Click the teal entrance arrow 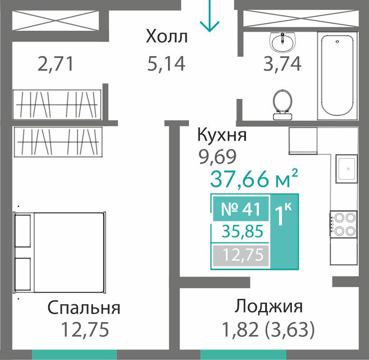209,16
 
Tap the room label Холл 167,37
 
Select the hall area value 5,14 166,64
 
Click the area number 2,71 56,64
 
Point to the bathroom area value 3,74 282,64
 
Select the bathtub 337,76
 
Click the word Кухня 222,135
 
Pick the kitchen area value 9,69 217,157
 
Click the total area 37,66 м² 254,178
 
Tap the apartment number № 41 241,209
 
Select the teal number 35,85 242,231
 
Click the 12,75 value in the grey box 242,255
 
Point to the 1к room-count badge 284,215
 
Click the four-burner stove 343,225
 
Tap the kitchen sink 347,168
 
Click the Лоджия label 269,307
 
